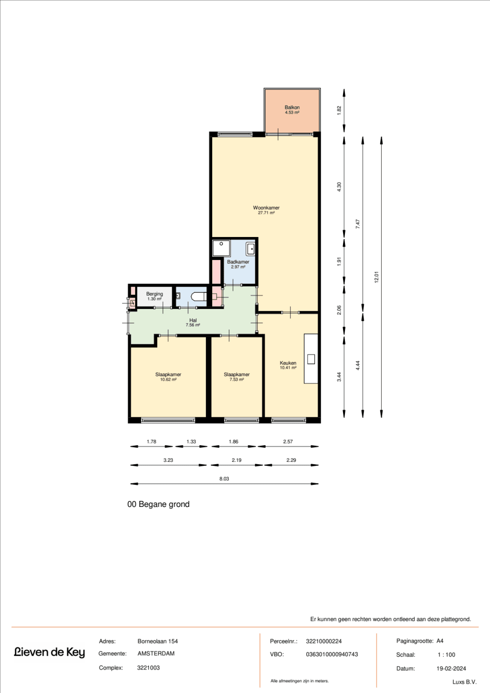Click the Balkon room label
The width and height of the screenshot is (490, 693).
(x=292, y=107)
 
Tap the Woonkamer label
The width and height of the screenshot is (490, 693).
(x=266, y=208)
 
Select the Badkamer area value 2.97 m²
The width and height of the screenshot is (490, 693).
(x=238, y=267)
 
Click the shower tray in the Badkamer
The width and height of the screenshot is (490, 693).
(x=221, y=248)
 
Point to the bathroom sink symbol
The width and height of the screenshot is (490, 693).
(x=250, y=249)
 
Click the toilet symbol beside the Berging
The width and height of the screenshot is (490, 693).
(x=199, y=297)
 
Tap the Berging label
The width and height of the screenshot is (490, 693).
(x=154, y=293)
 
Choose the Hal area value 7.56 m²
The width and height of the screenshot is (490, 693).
(x=193, y=325)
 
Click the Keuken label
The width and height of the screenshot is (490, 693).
(x=288, y=363)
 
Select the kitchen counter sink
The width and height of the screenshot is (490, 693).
(x=311, y=359)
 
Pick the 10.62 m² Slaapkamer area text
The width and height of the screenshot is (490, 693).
(x=168, y=380)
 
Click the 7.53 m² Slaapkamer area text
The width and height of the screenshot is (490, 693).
(x=237, y=380)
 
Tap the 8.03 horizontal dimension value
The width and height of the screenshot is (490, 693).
(x=224, y=478)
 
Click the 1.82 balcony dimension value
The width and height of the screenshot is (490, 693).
(x=339, y=111)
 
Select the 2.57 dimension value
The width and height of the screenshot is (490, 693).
(x=288, y=441)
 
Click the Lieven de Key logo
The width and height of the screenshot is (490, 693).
(x=49, y=652)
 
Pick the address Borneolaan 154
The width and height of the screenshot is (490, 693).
(x=158, y=642)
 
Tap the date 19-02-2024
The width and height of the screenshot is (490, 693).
(x=451, y=669)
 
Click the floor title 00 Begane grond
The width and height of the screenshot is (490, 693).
(x=158, y=504)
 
